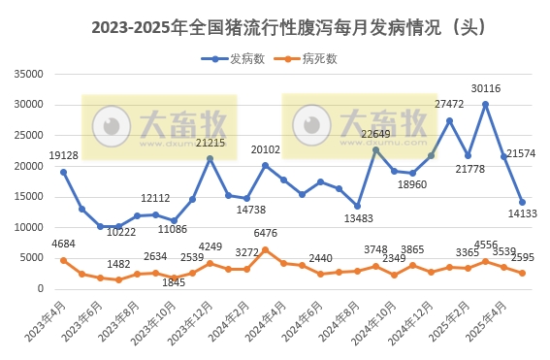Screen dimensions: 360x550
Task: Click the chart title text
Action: click(x=275, y=28)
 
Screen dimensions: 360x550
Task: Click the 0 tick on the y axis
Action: click(x=43, y=289)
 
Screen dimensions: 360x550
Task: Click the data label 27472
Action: click(x=450, y=104)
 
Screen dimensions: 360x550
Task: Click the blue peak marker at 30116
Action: click(x=485, y=104)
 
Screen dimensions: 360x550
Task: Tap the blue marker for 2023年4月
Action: click(x=63, y=172)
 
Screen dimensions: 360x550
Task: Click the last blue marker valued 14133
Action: click(x=522, y=202)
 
